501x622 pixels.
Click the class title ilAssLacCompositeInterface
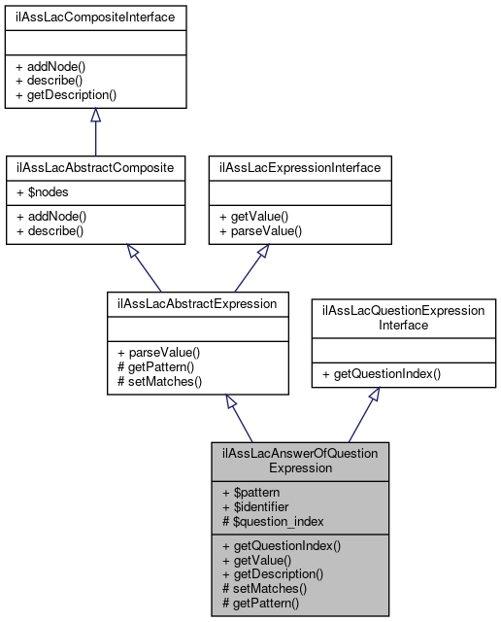95,17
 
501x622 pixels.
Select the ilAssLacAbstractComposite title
95,167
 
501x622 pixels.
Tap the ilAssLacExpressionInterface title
300,167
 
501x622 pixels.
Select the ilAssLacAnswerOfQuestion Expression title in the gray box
300,460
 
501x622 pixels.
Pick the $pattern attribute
250,493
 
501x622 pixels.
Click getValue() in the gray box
257,561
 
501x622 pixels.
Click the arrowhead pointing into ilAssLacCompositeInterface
95,116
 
